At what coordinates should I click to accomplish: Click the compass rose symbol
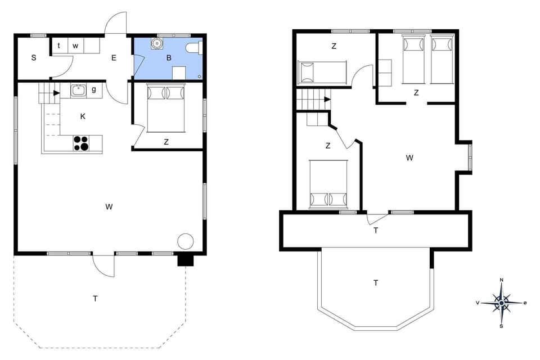(x=501, y=303)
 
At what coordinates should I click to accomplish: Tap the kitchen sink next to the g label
(x=78, y=89)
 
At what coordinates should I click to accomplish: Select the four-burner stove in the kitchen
(x=81, y=143)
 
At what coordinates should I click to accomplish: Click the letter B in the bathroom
(x=168, y=57)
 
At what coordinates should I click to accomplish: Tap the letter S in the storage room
(x=34, y=57)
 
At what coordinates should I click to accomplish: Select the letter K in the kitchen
(x=83, y=116)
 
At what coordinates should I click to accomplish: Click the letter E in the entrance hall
(x=114, y=57)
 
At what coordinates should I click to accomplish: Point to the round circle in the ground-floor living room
(x=185, y=241)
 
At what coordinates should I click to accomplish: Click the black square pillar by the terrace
(x=184, y=260)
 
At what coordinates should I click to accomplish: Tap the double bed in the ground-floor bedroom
(x=166, y=107)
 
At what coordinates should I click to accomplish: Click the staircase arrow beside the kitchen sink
(x=56, y=93)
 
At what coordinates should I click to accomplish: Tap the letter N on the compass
(x=502, y=280)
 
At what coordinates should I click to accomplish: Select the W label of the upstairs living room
(x=409, y=158)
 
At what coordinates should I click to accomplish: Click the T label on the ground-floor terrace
(x=96, y=299)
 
